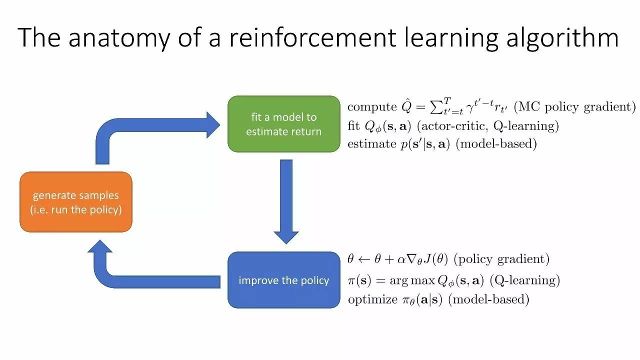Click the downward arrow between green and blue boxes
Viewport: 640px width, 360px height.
tap(287, 199)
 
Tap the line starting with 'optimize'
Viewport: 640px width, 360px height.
tap(437, 298)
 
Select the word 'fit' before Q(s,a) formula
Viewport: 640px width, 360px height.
tap(354, 125)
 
